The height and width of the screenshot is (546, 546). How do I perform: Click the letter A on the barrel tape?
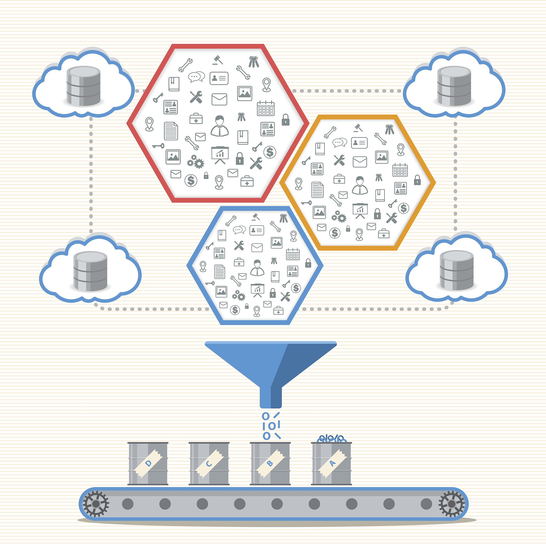tap(333, 463)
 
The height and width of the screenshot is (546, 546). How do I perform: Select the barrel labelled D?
tap(148, 463)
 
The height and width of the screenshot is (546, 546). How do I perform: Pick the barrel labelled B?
tap(270, 463)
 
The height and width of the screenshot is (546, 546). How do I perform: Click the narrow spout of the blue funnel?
tap(270, 397)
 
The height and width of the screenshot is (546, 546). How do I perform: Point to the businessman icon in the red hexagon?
tap(220, 126)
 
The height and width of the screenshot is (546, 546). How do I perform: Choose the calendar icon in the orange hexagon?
tap(400, 170)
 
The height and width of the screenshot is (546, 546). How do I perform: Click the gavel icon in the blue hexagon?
tap(256, 217)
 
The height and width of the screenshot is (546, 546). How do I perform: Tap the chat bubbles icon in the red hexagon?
tap(196, 77)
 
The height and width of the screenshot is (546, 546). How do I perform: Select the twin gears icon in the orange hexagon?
tap(339, 217)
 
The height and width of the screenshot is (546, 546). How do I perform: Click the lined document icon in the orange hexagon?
tap(317, 190)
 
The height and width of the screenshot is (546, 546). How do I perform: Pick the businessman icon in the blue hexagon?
tap(257, 268)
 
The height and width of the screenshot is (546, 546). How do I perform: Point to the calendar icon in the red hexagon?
tap(266, 108)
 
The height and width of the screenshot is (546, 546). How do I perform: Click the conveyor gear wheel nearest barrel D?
tap(96, 504)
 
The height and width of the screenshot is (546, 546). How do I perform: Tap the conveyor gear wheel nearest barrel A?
tap(451, 504)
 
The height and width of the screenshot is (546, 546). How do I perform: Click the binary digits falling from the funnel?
tap(271, 425)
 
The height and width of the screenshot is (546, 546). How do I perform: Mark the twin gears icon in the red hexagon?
tap(196, 162)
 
